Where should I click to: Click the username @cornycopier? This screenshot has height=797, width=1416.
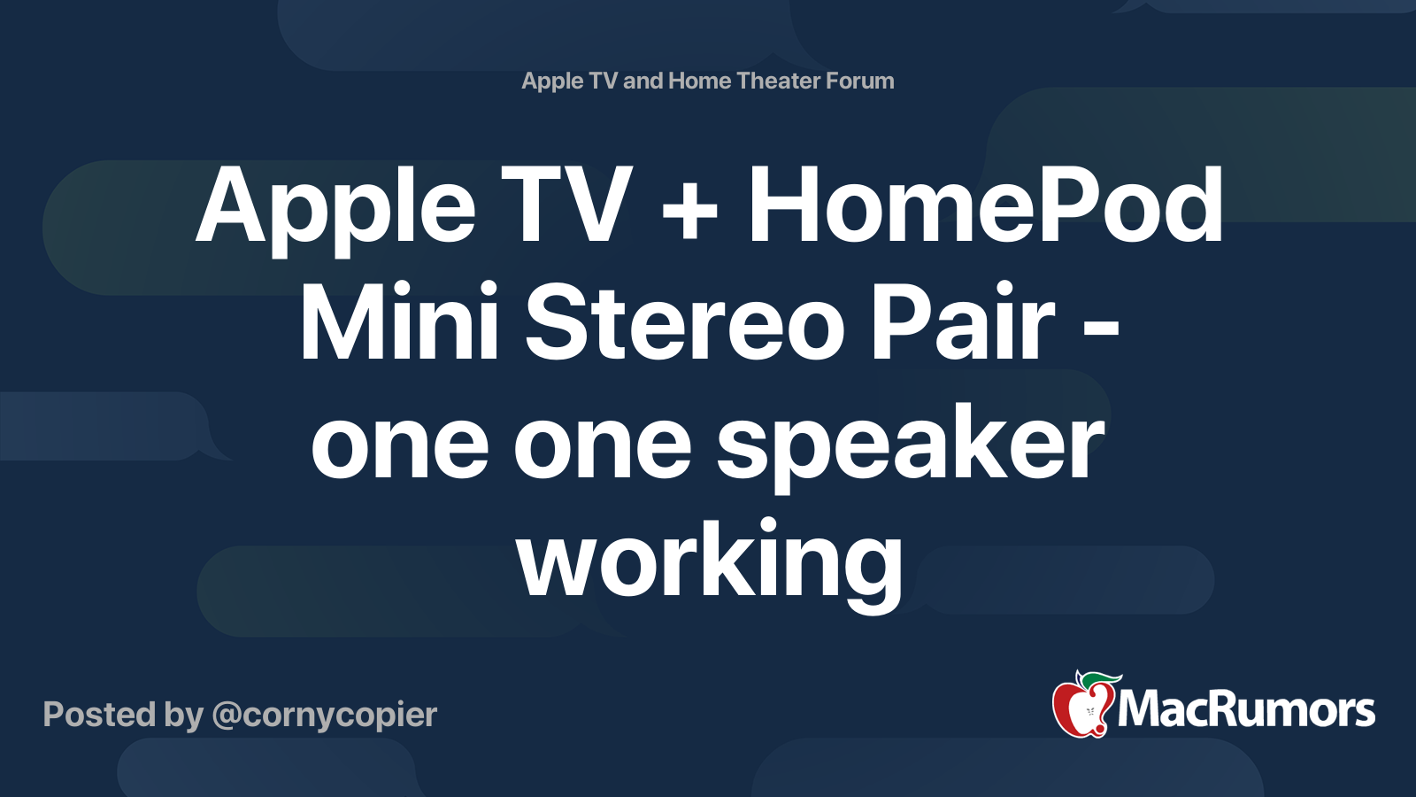coord(325,716)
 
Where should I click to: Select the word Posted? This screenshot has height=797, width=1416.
coord(100,714)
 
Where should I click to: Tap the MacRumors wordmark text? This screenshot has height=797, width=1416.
coord(1246,710)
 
